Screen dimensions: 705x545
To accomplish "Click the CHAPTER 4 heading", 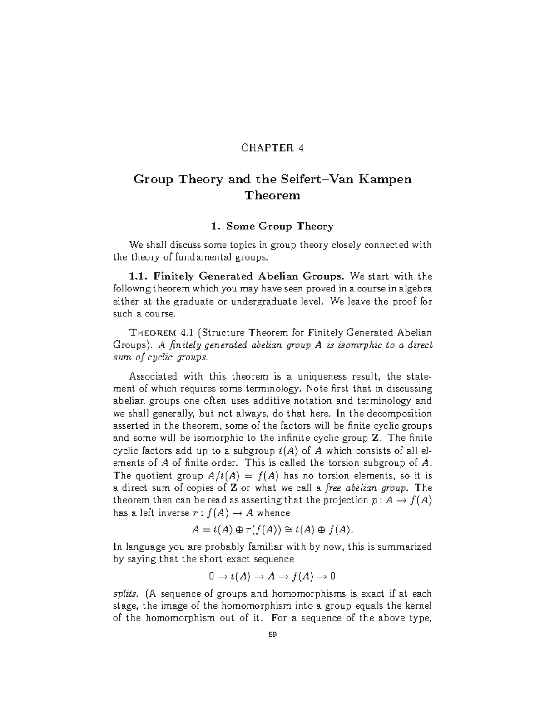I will tap(272, 148).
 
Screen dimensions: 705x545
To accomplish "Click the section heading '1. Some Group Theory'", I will tap(272, 226).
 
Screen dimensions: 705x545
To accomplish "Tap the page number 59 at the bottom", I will tap(272, 635).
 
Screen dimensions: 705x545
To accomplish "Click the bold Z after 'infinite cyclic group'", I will tap(375, 438).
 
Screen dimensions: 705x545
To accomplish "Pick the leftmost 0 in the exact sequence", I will tap(211, 577).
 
